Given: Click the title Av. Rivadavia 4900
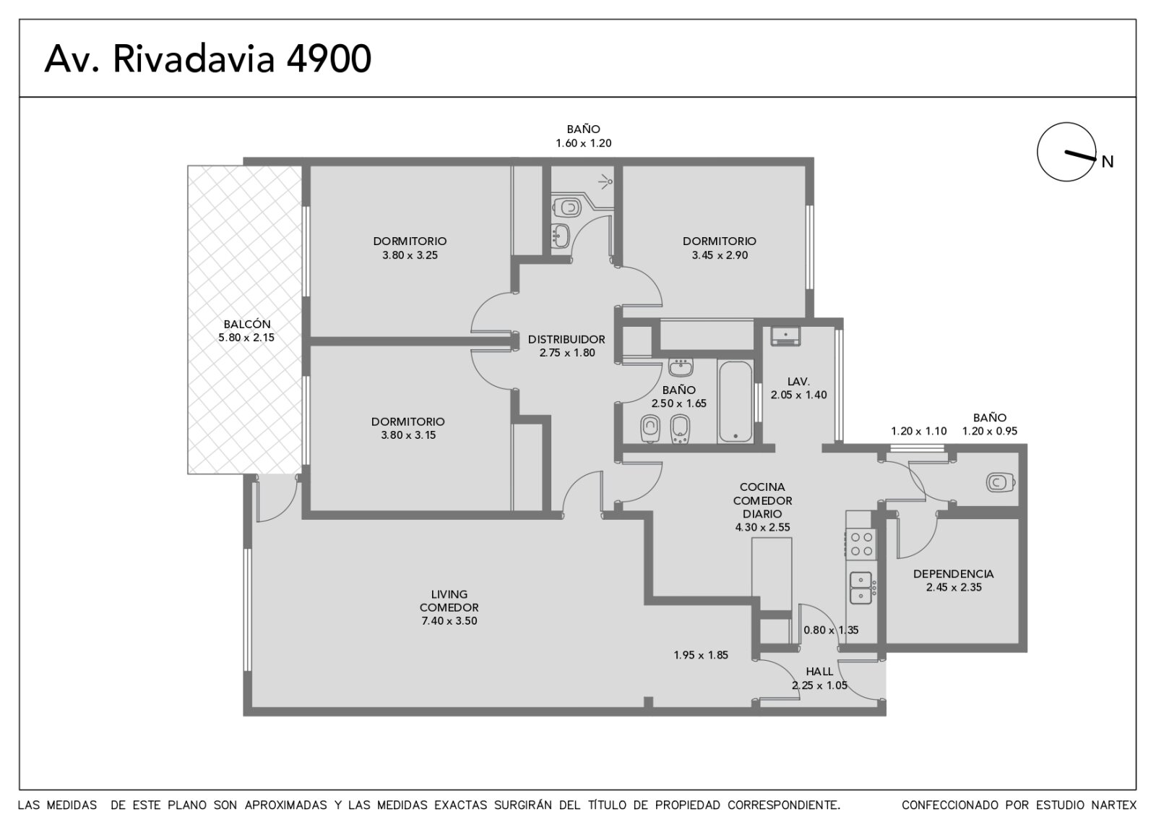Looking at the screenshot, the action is (207, 59).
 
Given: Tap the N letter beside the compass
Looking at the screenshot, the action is (1108, 162).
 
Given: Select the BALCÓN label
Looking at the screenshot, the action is (246, 325).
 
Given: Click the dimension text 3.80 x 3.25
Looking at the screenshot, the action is (410, 255).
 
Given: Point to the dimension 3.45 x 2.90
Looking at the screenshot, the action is (720, 255).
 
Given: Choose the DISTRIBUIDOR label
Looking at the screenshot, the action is (566, 339).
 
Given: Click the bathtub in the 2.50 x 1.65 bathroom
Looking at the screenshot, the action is (736, 402).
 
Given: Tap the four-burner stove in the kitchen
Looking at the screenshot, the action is (860, 544).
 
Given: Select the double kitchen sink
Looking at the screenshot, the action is (860, 588).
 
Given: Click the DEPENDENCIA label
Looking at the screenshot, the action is (953, 574).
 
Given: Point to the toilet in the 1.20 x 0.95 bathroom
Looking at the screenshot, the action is (1001, 483).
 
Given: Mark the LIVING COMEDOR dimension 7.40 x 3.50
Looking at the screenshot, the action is (449, 621).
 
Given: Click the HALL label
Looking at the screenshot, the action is (819, 672).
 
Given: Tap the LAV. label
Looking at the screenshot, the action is (798, 382).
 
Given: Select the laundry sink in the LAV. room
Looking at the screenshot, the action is (785, 335).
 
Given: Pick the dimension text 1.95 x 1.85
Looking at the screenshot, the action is (701, 655).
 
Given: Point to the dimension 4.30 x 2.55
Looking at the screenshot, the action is (762, 527).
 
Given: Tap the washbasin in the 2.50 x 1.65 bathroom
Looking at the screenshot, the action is (681, 368).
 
